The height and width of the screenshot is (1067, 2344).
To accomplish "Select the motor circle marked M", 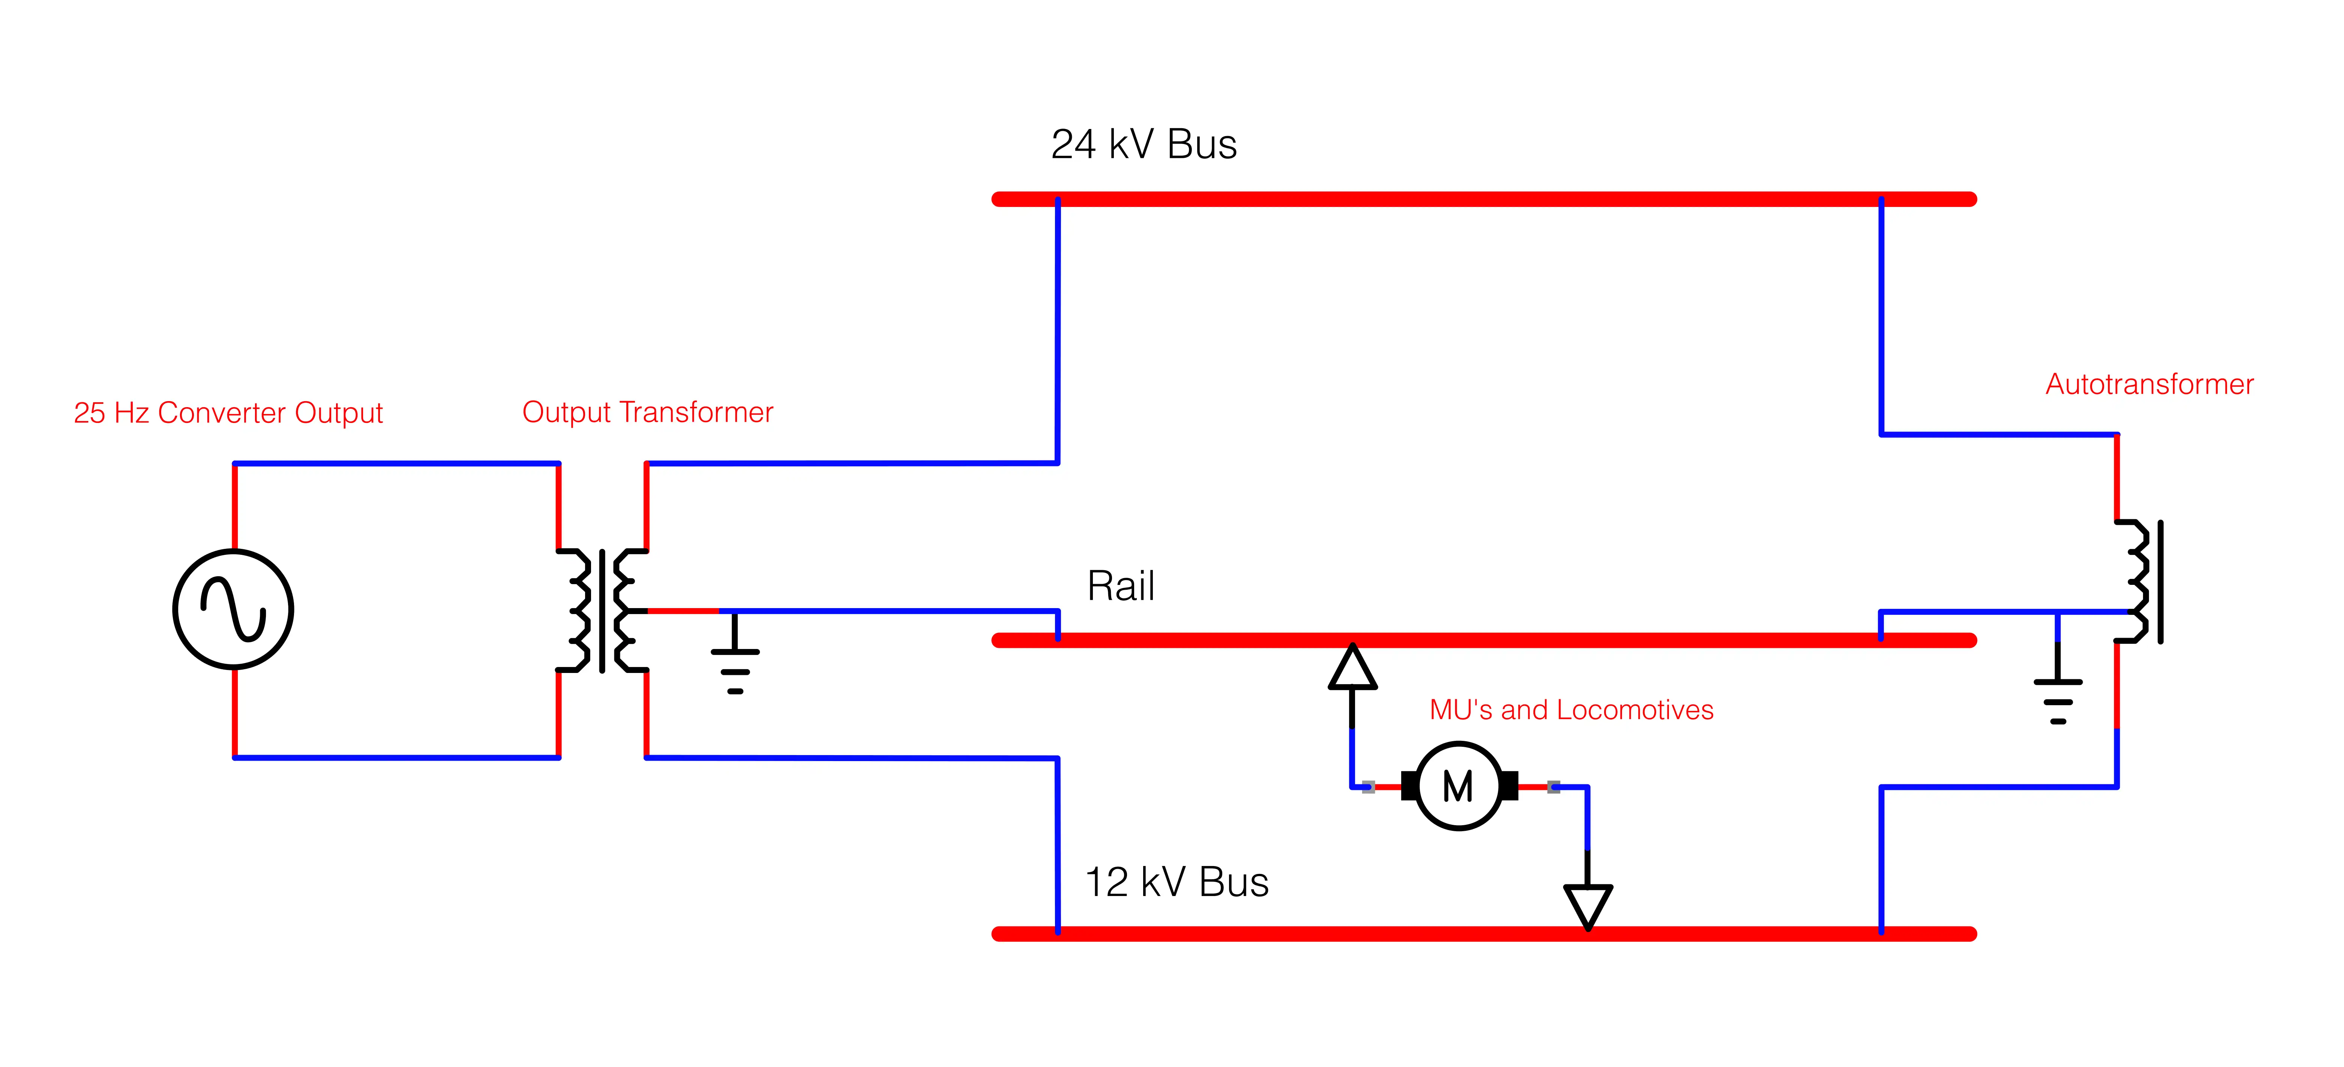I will pos(1459,786).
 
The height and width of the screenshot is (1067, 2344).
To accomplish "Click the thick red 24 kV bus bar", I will pos(1483,199).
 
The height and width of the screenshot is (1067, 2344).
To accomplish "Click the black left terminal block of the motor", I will pos(1409,786).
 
